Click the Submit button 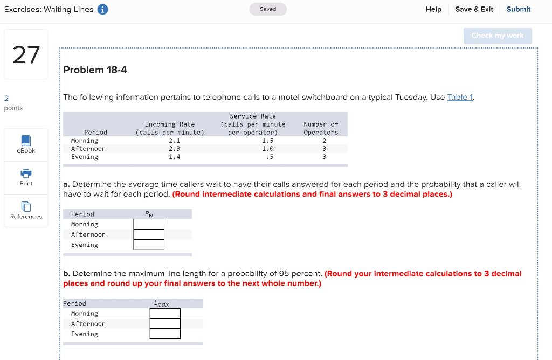[518, 10]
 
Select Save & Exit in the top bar [474, 10]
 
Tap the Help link [433, 10]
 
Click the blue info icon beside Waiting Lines [102, 10]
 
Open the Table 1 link [460, 97]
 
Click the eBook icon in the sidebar [26, 141]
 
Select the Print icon [26, 174]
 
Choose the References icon [26, 206]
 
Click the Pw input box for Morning [149, 224]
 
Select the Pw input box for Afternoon [149, 234]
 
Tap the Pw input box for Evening [149, 245]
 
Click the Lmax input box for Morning [165, 314]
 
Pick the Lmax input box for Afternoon [165, 324]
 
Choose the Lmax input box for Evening [165, 334]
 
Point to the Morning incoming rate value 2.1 [174, 141]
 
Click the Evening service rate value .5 [270, 157]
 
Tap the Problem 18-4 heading [95, 70]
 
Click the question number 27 [26, 55]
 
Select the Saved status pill [268, 9]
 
